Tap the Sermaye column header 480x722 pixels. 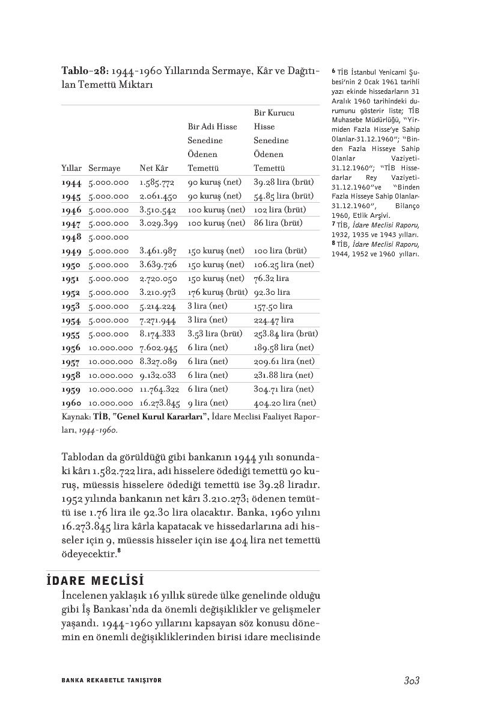coord(104,168)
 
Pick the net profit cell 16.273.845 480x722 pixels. coord(160,403)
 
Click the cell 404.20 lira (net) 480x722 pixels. coord(284,403)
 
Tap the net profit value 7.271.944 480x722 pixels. coord(157,320)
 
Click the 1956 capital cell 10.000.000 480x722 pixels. coord(110,348)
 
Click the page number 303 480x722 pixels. coord(411,680)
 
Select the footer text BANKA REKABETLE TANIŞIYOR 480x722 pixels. coord(112,680)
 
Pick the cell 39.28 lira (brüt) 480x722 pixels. coord(284,182)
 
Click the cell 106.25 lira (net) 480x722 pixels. coord(284,265)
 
